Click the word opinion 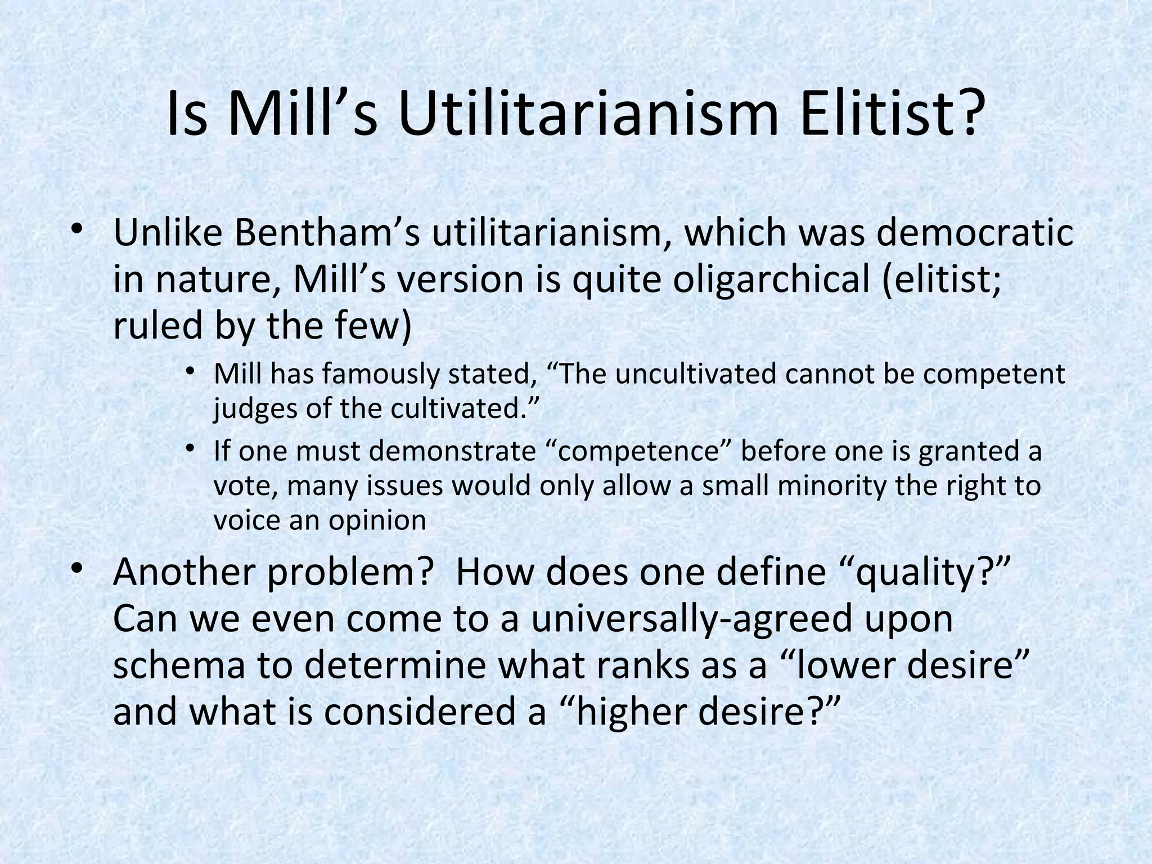(377, 520)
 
